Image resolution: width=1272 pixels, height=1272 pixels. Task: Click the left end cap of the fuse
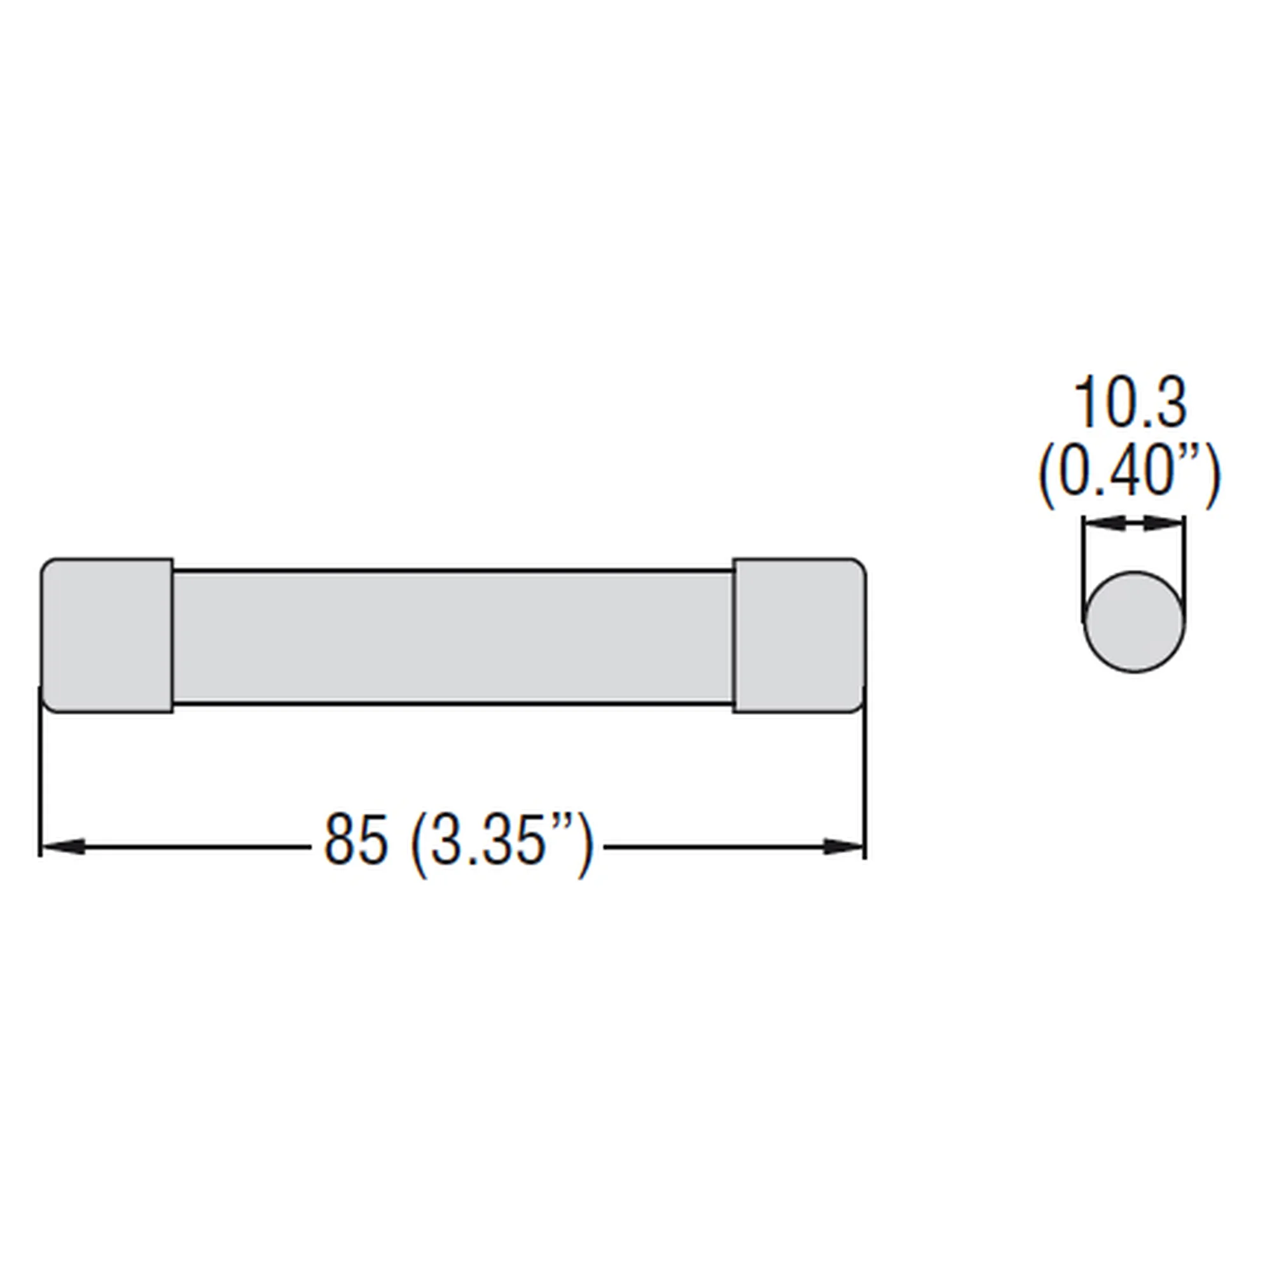(107, 635)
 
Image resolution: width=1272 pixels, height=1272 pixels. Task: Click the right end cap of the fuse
(799, 635)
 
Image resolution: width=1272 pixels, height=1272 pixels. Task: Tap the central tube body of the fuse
(453, 637)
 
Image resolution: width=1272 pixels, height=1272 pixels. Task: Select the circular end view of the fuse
(1134, 622)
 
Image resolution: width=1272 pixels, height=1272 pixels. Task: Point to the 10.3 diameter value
(1130, 403)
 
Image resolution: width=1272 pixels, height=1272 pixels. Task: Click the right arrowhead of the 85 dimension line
(843, 847)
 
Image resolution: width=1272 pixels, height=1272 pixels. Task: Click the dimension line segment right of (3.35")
(711, 847)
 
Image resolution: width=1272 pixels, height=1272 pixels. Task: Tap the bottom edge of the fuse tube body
(453, 703)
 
